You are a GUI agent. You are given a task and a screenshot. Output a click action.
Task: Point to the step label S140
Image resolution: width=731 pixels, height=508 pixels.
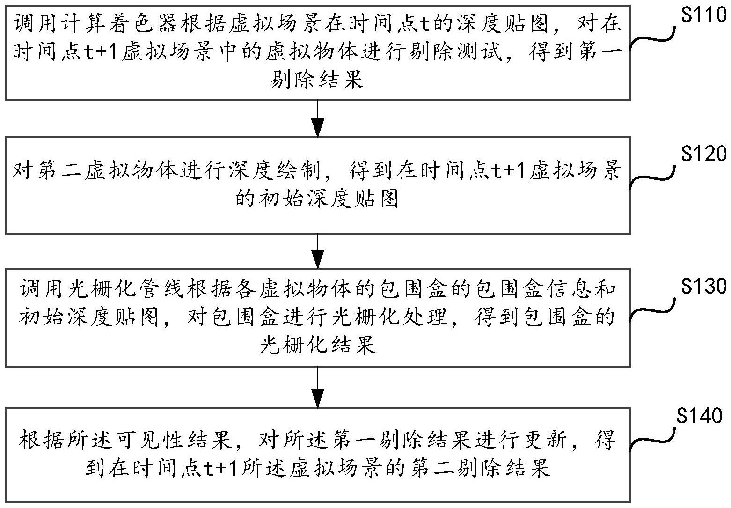699,416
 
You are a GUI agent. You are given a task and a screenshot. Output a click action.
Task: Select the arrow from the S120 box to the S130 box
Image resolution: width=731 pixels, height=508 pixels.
318,250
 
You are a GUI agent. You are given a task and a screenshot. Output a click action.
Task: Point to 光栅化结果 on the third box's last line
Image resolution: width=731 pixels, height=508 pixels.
317,346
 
